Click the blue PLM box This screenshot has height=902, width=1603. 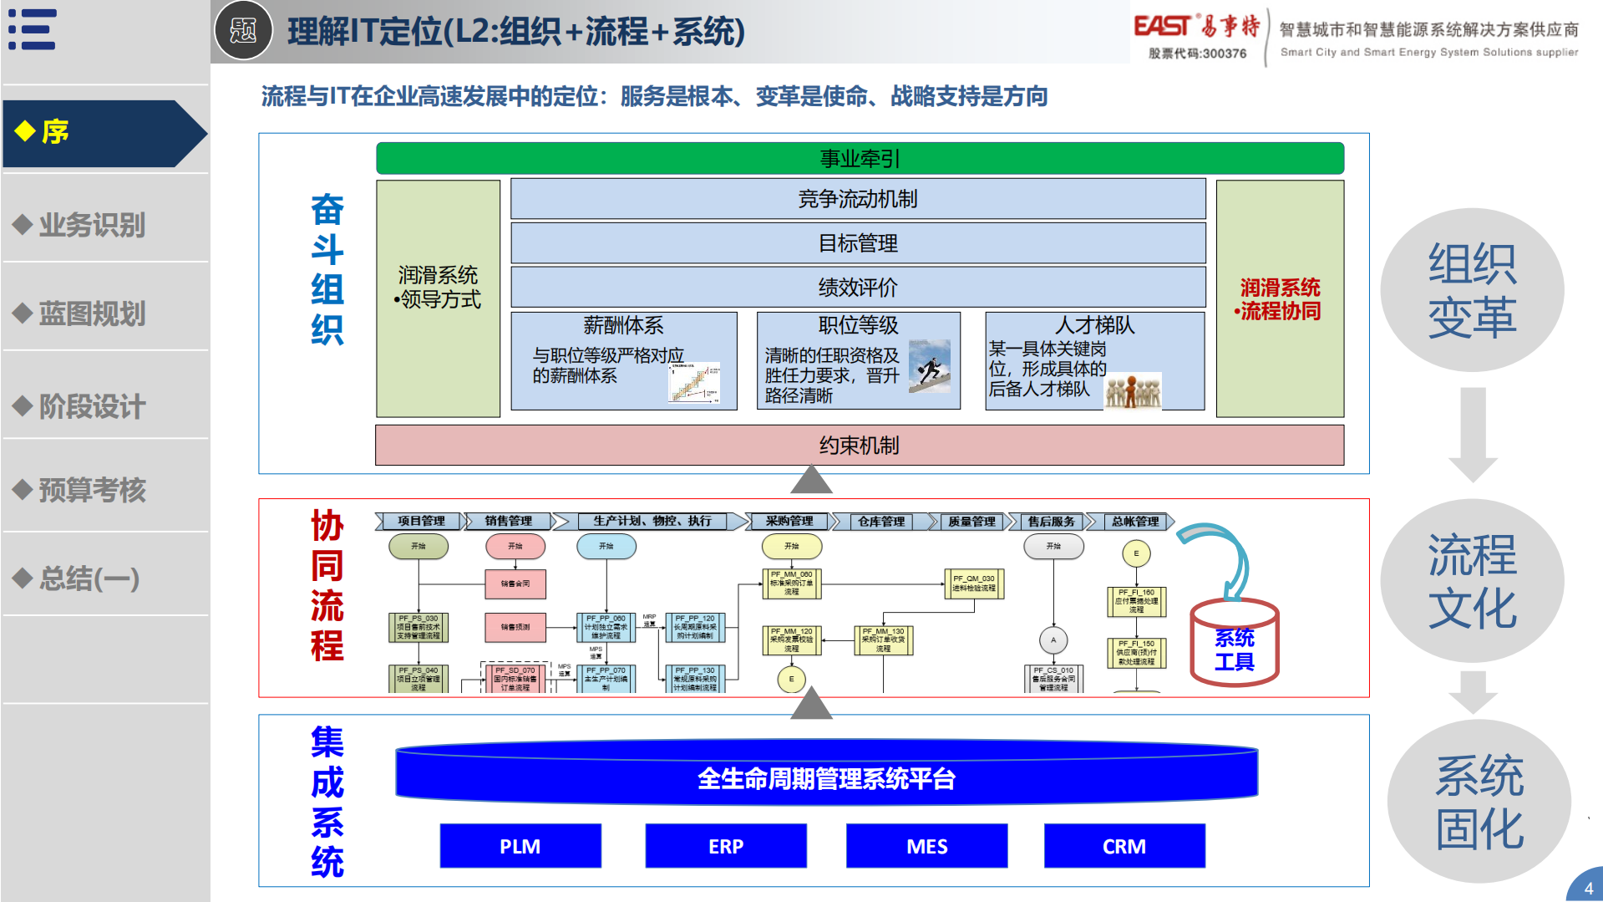[x=520, y=846]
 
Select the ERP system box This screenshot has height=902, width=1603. [x=725, y=846]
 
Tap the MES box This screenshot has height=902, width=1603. [x=926, y=846]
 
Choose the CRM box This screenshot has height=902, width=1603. [x=1124, y=846]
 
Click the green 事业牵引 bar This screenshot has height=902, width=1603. [x=860, y=158]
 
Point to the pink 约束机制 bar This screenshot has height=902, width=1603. [x=859, y=445]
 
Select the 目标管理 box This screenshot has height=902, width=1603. [x=858, y=243]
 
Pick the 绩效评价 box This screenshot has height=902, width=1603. [x=858, y=288]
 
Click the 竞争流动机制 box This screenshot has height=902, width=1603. [x=858, y=199]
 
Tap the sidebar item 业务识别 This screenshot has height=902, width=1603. [x=92, y=224]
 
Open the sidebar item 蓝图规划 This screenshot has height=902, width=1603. [x=92, y=313]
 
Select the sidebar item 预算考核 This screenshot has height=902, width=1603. [x=92, y=490]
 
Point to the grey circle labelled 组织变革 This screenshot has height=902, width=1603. [x=1472, y=290]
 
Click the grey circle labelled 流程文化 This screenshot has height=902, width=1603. [x=1472, y=581]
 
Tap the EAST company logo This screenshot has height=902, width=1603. [x=1196, y=27]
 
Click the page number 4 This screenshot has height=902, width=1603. [x=1588, y=889]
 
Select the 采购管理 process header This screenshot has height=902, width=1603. [x=789, y=521]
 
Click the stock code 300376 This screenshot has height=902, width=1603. [x=1198, y=54]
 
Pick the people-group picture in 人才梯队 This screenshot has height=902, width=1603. [x=1133, y=390]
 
